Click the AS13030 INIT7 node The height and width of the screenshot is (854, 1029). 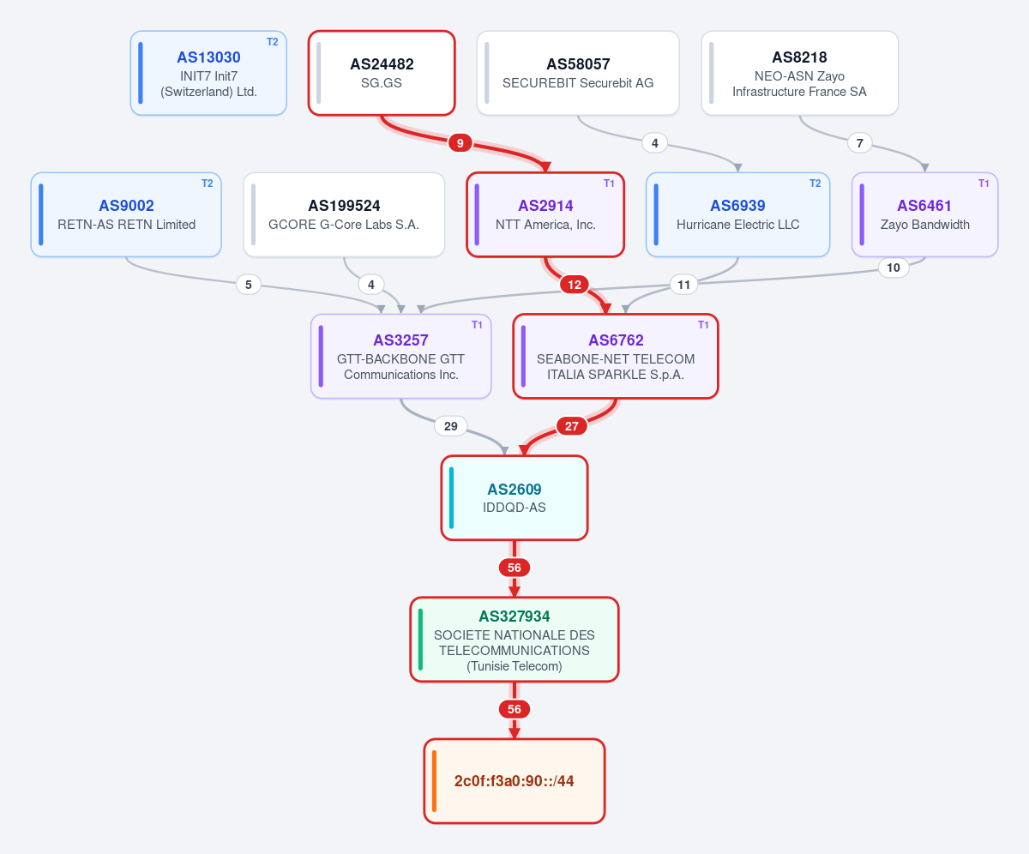pyautogui.click(x=208, y=73)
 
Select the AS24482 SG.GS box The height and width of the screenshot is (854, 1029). pyautogui.click(x=382, y=73)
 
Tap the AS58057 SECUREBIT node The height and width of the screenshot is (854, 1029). pyautogui.click(x=578, y=73)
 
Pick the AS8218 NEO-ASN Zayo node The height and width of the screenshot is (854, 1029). pyautogui.click(x=799, y=73)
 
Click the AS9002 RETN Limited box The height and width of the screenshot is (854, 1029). pyautogui.click(x=126, y=214)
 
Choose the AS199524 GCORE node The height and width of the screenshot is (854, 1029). pyautogui.click(x=344, y=214)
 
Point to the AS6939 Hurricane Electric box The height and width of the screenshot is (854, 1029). pyautogui.click(x=737, y=214)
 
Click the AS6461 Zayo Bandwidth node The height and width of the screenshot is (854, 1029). pyautogui.click(x=925, y=214)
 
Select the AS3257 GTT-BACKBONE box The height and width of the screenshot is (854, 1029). pyautogui.click(x=400, y=357)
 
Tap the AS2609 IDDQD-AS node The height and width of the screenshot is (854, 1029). pyautogui.click(x=514, y=497)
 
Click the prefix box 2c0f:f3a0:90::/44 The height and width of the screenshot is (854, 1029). pyautogui.click(x=514, y=781)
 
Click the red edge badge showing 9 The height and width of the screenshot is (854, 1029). pyautogui.click(x=460, y=143)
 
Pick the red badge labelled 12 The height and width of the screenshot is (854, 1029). pyautogui.click(x=575, y=285)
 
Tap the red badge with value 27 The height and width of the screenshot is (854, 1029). pyautogui.click(x=572, y=426)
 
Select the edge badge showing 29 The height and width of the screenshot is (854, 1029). pyautogui.click(x=450, y=426)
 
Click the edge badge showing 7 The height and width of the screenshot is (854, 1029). pyautogui.click(x=860, y=143)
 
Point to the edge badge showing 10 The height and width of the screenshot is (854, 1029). pyautogui.click(x=894, y=268)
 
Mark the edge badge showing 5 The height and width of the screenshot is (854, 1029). pyautogui.click(x=249, y=285)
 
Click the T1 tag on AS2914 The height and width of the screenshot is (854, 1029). pyautogui.click(x=609, y=183)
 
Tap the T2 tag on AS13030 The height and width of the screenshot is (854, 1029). pyautogui.click(x=273, y=42)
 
